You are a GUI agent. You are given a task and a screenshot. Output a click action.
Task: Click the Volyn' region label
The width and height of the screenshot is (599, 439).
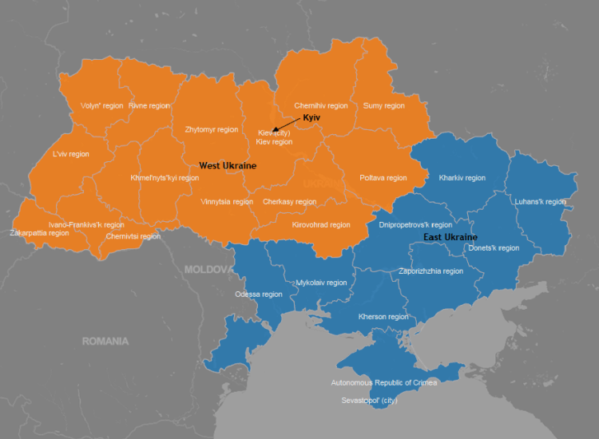[102, 105]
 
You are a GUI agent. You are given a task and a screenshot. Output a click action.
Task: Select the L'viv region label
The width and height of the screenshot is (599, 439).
[71, 154]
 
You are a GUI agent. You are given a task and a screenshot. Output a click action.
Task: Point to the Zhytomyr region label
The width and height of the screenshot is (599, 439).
[212, 129]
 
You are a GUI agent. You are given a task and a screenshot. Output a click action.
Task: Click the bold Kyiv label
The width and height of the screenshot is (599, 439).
[311, 117]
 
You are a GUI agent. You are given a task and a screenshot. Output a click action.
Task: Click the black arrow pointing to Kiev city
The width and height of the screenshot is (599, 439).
[284, 125]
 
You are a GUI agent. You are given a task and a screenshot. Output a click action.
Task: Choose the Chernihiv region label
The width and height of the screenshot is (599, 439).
[321, 105]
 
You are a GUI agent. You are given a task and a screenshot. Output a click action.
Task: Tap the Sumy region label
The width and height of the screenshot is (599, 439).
[384, 105]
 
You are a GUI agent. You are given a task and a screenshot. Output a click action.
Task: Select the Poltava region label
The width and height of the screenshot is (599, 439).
[383, 178]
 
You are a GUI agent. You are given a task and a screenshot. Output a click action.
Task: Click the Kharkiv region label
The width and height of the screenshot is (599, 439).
[462, 178]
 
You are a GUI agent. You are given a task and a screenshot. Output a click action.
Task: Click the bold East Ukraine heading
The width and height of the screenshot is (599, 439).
[450, 237]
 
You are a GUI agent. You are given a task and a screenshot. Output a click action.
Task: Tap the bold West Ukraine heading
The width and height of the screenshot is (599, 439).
[228, 165]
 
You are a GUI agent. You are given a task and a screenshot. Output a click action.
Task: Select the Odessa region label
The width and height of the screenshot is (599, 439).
[259, 295]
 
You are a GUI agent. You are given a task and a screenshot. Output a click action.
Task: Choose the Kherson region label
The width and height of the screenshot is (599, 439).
[383, 317]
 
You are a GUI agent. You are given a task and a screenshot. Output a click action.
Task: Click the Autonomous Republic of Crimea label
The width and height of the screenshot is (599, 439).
[384, 383]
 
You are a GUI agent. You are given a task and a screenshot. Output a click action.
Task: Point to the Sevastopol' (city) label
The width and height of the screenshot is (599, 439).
[369, 399]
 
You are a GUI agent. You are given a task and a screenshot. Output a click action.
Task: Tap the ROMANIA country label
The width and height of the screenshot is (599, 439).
[105, 341]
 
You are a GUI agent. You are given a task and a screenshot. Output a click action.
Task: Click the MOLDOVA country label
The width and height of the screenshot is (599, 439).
[207, 269]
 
